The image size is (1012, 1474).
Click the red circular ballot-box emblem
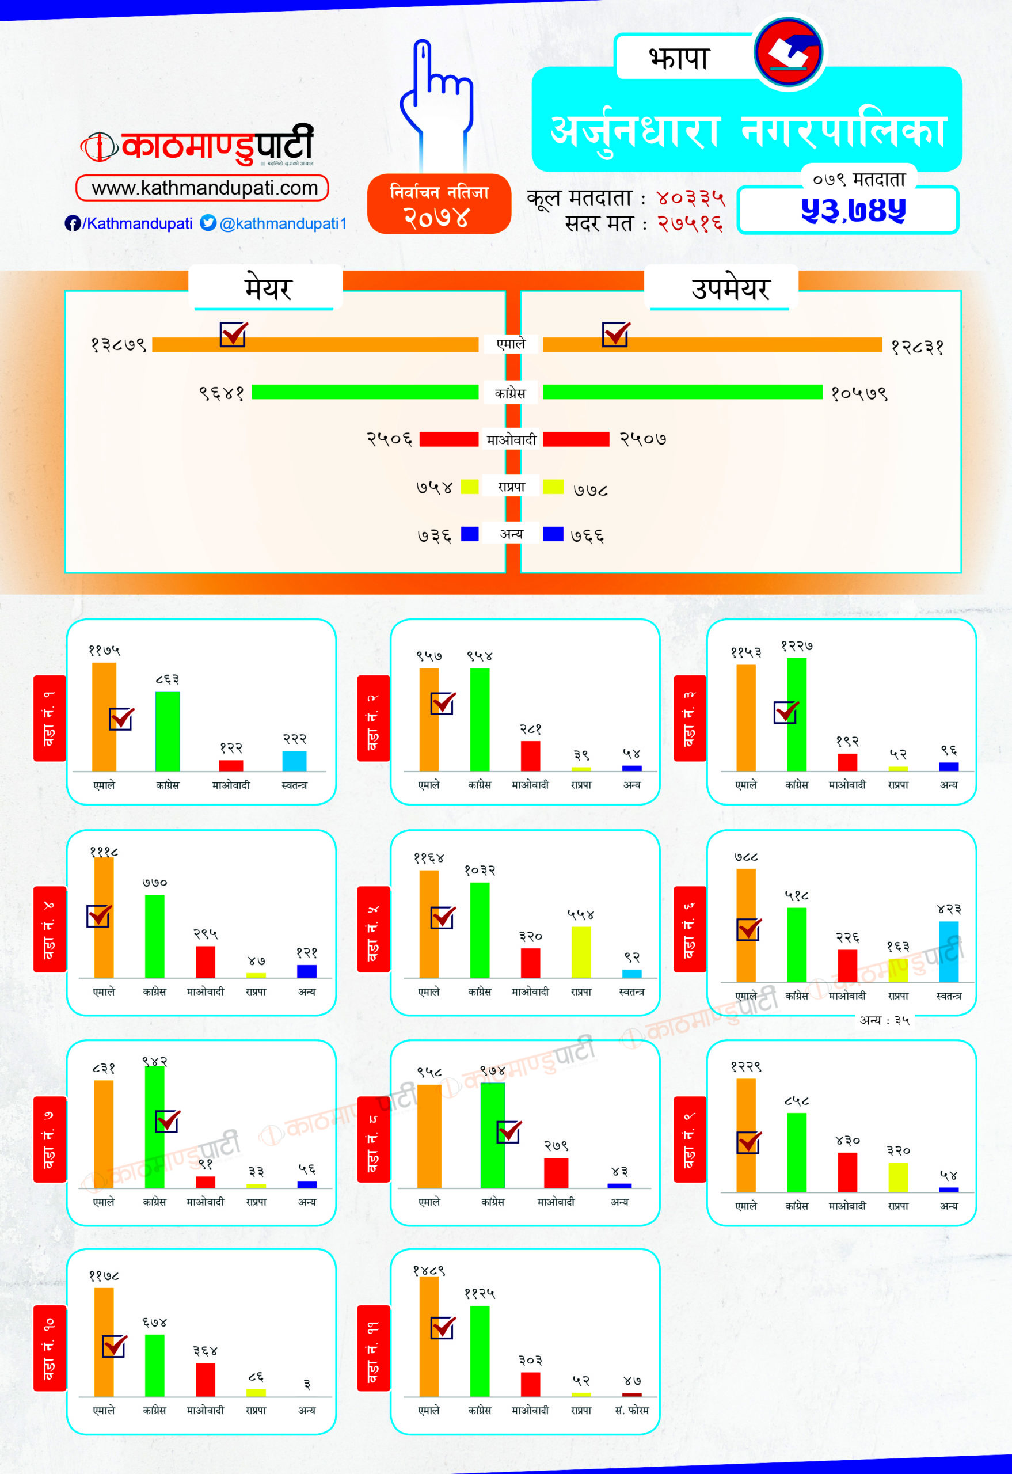pos(788,52)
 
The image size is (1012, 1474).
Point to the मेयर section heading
pos(268,289)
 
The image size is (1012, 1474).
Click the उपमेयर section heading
pos(730,289)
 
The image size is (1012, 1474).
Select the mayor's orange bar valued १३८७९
pos(315,345)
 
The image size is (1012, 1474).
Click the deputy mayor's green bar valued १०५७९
pos(682,392)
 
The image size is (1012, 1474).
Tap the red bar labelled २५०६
pos(448,439)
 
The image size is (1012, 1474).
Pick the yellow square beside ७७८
pos(553,487)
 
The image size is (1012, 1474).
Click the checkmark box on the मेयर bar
pos(233,333)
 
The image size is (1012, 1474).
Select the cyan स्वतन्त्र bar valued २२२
pos(294,761)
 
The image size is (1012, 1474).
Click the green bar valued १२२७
pos(796,714)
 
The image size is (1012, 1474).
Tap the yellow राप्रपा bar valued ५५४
pos(581,951)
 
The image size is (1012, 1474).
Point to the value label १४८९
pos(429,1270)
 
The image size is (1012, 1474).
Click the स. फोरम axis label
pos(631,1410)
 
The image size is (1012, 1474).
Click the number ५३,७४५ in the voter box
pos(853,211)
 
